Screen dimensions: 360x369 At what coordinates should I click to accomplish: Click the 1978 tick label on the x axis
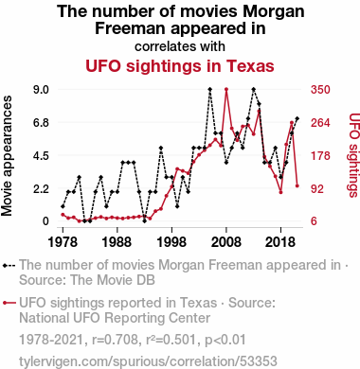point(63,242)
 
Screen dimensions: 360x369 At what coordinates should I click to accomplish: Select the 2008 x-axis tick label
point(226,242)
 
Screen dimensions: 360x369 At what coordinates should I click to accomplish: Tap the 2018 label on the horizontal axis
point(280,242)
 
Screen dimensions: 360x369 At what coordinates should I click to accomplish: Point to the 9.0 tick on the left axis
point(41,90)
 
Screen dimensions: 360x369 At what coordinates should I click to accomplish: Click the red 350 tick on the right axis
point(320,90)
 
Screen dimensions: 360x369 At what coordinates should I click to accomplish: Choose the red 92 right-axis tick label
point(317,189)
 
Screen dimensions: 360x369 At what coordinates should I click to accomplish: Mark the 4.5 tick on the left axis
point(41,156)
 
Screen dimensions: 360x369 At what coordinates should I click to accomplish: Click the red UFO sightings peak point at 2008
point(226,89)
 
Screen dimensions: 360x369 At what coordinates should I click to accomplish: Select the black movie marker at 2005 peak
point(210,89)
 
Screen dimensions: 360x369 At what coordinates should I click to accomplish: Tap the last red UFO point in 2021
point(297,185)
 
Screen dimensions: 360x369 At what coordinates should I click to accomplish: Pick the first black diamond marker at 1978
point(63,206)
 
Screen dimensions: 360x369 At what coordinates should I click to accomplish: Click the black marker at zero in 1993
point(144,221)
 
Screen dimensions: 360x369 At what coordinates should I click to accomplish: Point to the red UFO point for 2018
point(280,192)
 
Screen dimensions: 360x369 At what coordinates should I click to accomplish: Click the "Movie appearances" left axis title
point(7,156)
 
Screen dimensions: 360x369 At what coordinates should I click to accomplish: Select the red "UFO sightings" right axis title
point(354,155)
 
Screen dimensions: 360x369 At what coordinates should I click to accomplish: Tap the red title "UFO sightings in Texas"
point(180,66)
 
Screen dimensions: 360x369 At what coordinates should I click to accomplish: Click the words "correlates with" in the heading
point(180,46)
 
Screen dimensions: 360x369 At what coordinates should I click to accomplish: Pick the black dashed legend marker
point(9,266)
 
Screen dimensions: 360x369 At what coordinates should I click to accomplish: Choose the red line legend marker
point(9,303)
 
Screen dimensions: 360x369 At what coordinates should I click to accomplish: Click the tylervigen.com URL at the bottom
point(148,361)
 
